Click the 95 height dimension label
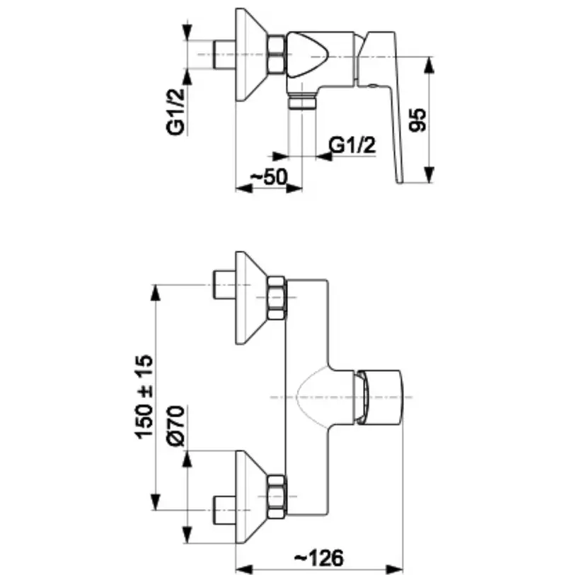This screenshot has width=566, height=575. [x=418, y=120]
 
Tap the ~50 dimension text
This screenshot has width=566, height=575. [x=269, y=177]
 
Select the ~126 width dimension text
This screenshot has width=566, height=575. [x=320, y=558]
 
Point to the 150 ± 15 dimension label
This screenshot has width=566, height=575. [x=144, y=397]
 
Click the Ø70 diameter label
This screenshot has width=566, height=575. [x=176, y=426]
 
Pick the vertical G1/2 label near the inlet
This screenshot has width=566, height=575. [x=175, y=112]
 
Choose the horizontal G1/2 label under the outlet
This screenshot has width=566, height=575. [x=352, y=145]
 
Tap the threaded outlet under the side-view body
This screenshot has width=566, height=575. [x=302, y=102]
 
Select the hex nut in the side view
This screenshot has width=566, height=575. [x=277, y=55]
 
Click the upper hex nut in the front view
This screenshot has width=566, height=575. [x=277, y=297]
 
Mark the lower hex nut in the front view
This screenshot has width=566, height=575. [x=277, y=497]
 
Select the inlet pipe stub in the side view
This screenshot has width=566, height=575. [x=224, y=55]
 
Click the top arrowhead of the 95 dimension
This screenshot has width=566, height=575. [x=429, y=65]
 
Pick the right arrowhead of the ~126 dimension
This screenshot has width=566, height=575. [x=394, y=569]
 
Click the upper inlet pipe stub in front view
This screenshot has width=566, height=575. [x=224, y=285]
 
